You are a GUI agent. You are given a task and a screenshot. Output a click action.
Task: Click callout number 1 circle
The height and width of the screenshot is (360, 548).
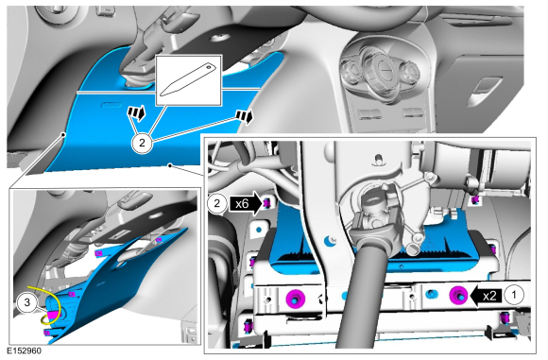click(x=513, y=296)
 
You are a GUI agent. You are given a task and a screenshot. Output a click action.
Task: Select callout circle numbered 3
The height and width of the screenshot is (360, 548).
click(x=26, y=302)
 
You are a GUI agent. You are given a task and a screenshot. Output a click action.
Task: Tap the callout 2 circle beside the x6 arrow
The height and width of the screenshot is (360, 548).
click(x=217, y=203)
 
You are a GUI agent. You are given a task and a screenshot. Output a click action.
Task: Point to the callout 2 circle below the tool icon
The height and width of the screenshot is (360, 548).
click(x=142, y=143)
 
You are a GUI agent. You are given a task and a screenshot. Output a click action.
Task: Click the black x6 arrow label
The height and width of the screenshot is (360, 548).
click(x=246, y=203)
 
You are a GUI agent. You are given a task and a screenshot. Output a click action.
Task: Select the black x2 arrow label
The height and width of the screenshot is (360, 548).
click(x=487, y=296)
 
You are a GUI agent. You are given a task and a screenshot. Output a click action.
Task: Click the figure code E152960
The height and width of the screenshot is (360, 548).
click(x=24, y=351)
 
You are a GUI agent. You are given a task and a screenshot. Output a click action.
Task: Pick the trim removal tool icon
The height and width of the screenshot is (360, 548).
click(x=188, y=79)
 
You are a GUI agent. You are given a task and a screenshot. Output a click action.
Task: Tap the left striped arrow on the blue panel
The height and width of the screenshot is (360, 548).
click(x=137, y=112)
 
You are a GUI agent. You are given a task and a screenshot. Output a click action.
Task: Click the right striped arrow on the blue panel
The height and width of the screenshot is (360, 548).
click(x=245, y=116)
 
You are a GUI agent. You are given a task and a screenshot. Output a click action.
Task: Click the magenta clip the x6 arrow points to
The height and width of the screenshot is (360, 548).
click(x=266, y=202)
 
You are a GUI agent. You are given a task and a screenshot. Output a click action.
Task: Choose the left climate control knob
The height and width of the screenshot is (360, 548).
click(x=351, y=71)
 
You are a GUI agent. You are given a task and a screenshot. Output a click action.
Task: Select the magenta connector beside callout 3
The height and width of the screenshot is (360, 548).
click(x=52, y=314)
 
